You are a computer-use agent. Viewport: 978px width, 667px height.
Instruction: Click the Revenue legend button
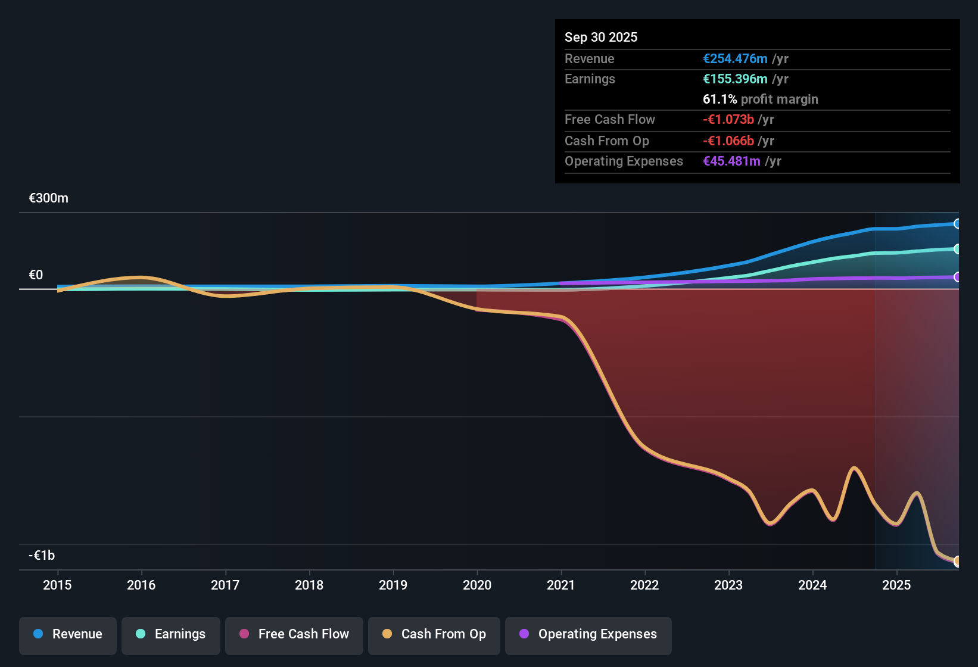(x=68, y=634)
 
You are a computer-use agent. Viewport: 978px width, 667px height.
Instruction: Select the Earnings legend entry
(x=171, y=634)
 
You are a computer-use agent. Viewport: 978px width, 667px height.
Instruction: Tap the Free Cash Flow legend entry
(x=294, y=634)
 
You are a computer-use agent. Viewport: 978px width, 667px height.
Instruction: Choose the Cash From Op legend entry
(x=434, y=634)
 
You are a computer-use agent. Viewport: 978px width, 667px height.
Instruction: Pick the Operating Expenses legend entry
(x=588, y=634)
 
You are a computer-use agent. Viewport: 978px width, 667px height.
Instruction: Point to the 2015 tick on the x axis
(x=57, y=585)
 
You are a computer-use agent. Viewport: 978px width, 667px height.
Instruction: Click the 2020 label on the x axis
(x=477, y=585)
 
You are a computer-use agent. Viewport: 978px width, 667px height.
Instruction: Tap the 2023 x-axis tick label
(x=728, y=585)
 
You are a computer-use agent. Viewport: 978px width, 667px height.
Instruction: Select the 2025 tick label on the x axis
(x=896, y=585)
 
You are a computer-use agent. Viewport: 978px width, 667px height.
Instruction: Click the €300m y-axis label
(x=49, y=198)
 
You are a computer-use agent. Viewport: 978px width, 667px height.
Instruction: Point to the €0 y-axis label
(x=36, y=275)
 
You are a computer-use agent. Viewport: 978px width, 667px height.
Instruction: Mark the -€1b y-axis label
(x=42, y=556)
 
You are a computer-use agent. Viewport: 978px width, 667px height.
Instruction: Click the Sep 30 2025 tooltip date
(x=601, y=38)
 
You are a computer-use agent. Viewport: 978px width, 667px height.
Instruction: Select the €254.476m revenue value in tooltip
(x=735, y=59)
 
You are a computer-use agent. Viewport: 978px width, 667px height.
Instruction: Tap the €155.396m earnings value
(x=735, y=79)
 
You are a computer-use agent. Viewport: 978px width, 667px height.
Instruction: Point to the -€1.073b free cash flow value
(x=728, y=120)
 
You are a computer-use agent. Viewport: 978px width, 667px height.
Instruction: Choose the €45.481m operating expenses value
(x=731, y=161)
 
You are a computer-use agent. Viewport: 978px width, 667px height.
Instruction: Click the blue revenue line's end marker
(x=957, y=224)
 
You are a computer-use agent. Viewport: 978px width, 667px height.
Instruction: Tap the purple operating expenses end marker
(x=957, y=277)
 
